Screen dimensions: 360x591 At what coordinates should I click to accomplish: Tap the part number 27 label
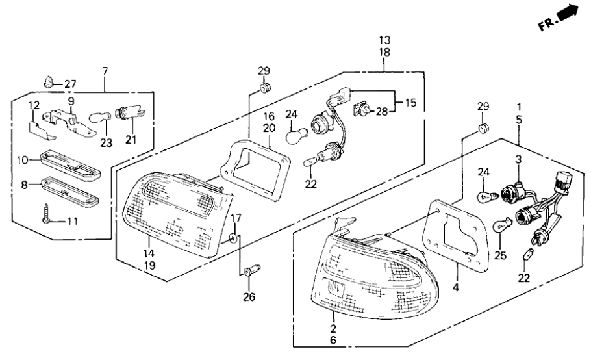tap(69, 84)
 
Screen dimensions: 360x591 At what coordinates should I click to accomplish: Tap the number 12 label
tap(33, 105)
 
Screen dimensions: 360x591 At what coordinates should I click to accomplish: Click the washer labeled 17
tap(233, 239)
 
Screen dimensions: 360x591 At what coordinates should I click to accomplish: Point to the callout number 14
tap(149, 255)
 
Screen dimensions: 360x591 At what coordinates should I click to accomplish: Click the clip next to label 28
tap(362, 110)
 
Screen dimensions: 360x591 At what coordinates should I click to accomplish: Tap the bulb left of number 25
tap(501, 226)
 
